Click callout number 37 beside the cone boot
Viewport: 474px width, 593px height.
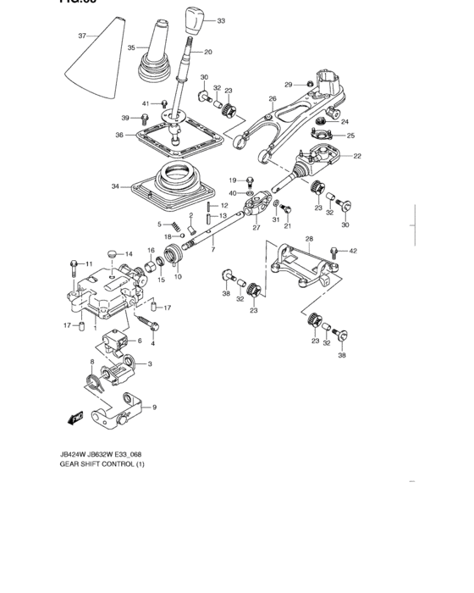(82, 36)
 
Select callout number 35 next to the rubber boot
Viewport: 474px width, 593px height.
(131, 48)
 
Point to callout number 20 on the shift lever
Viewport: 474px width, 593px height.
(207, 53)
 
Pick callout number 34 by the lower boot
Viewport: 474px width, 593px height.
(115, 186)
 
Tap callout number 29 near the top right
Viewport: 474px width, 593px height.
(288, 84)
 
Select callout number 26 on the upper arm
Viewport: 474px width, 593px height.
(272, 99)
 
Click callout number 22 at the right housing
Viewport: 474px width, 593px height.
(357, 155)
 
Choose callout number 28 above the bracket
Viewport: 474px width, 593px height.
(309, 239)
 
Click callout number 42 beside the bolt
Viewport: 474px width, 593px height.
(354, 250)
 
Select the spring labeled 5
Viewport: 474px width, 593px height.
(173, 226)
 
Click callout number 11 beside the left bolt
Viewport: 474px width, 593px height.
(87, 264)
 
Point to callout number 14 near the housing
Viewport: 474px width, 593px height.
(129, 254)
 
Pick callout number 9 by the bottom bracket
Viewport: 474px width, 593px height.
(153, 407)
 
